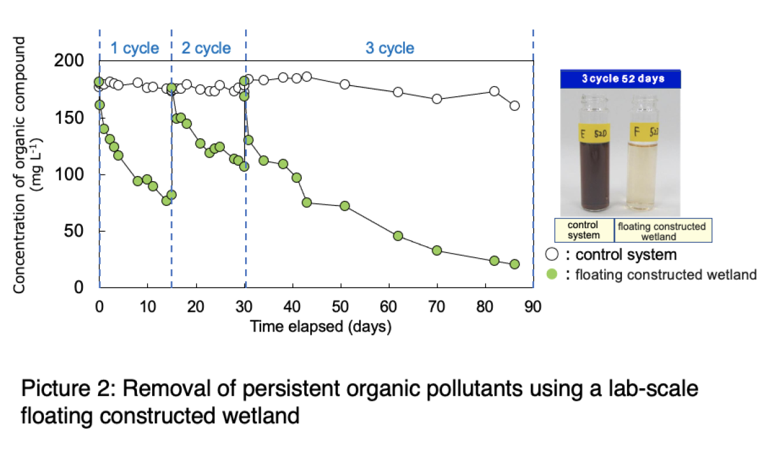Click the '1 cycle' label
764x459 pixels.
coord(134,48)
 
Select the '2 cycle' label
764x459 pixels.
coord(206,48)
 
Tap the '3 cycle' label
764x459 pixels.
coord(389,48)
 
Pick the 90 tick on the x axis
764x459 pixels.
coord(532,307)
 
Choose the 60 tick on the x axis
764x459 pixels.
coord(388,307)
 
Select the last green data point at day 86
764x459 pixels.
coord(514,264)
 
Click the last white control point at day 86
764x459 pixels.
coord(514,106)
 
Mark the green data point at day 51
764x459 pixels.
coord(344,206)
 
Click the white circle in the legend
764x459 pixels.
coord(552,254)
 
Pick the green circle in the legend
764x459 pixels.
coord(552,275)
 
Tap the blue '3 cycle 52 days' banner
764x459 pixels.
coord(621,79)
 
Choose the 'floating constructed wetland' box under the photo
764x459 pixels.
coord(662,230)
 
